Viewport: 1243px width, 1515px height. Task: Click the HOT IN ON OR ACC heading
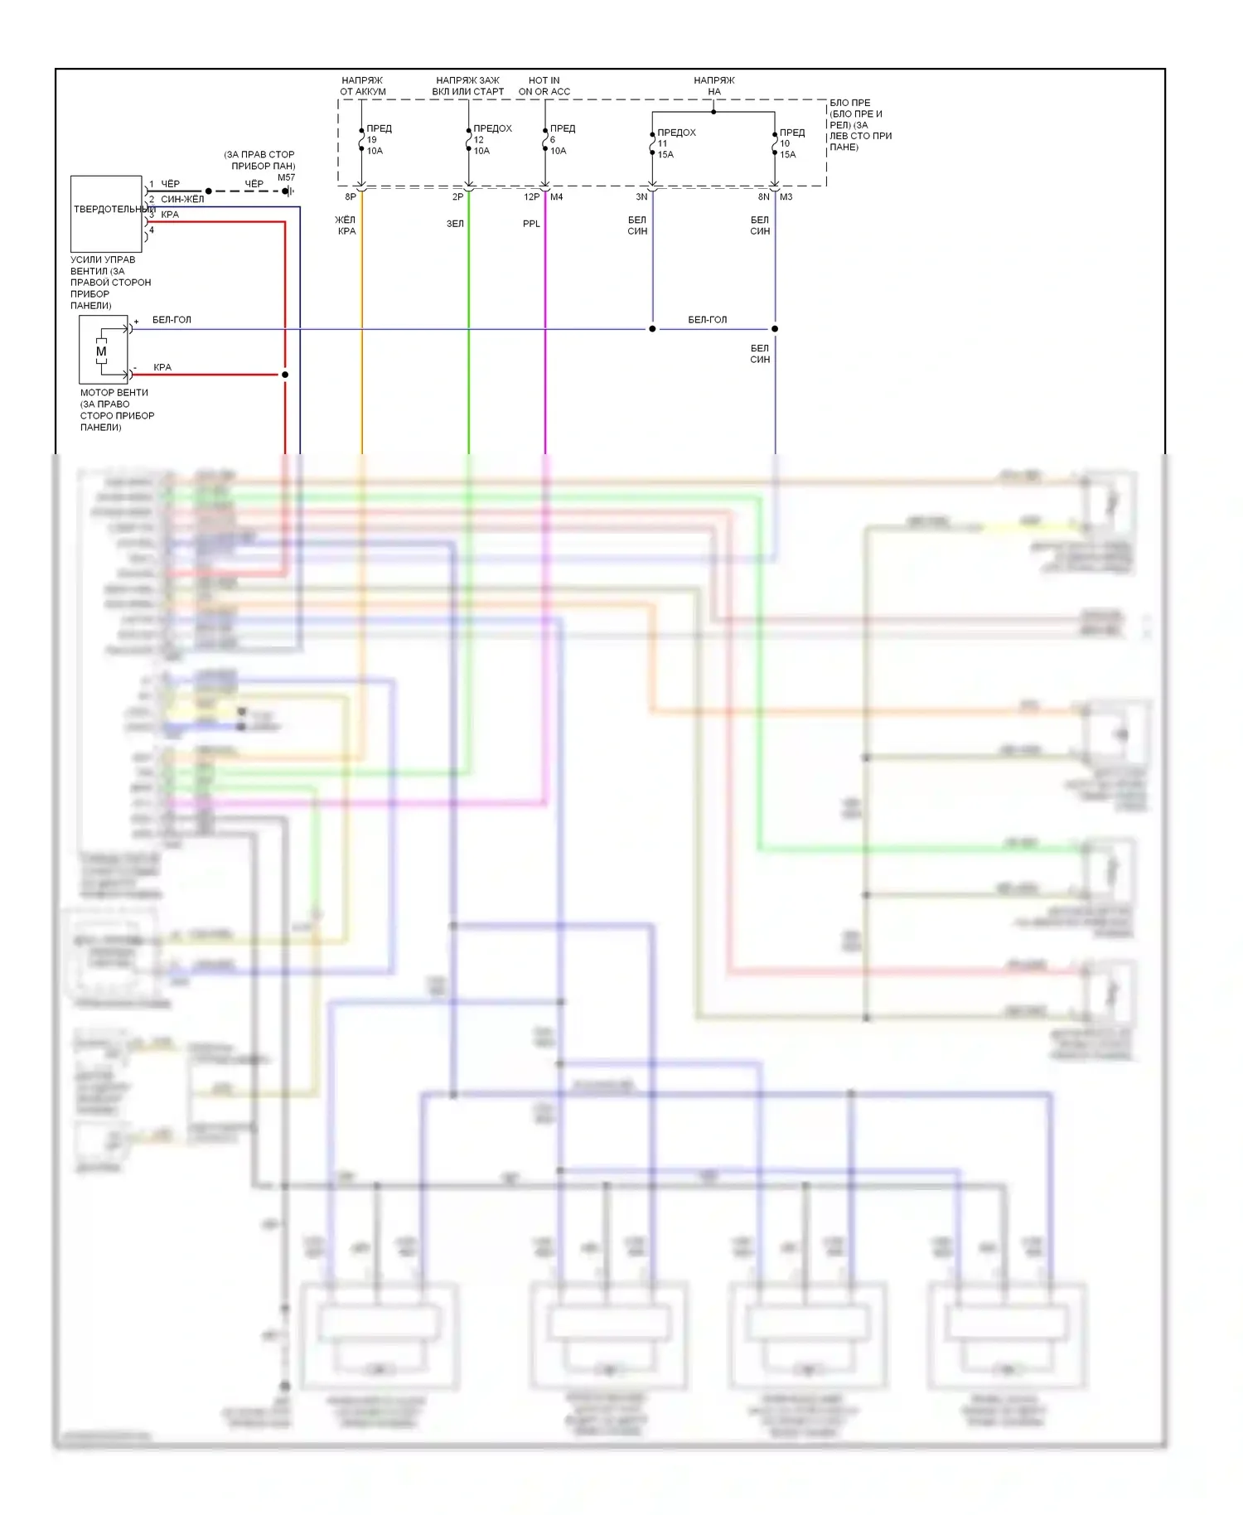544,86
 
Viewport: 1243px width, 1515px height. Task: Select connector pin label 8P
351,197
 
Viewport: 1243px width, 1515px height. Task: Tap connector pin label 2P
457,197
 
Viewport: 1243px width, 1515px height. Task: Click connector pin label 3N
641,197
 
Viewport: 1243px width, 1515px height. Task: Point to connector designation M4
556,197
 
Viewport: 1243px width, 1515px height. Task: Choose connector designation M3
786,197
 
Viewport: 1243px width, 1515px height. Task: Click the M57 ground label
286,177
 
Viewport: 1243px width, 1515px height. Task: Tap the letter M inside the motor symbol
101,351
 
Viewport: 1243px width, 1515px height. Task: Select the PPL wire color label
531,224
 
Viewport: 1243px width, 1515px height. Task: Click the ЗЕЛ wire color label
455,224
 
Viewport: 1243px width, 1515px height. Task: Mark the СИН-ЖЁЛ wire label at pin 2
182,199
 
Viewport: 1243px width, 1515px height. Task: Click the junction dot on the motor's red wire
285,375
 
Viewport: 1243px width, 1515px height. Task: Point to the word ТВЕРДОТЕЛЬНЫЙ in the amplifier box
112,209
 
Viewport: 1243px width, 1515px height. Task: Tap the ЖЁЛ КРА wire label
346,225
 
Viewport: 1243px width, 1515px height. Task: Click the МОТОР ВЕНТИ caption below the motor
114,393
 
